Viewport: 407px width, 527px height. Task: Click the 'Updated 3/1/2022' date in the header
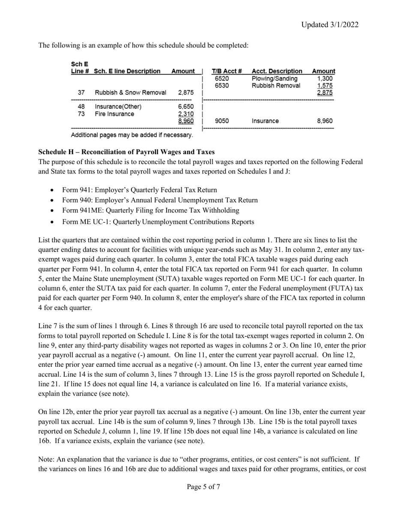click(x=329, y=24)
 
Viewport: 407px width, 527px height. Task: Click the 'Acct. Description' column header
click(x=277, y=71)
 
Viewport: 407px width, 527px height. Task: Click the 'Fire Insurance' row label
click(x=114, y=114)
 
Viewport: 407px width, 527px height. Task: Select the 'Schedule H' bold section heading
click(x=126, y=152)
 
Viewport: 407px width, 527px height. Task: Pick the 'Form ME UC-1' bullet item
click(x=158, y=222)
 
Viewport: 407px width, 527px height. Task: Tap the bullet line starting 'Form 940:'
click(x=160, y=200)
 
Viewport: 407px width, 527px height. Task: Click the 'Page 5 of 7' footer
click(x=203, y=487)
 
